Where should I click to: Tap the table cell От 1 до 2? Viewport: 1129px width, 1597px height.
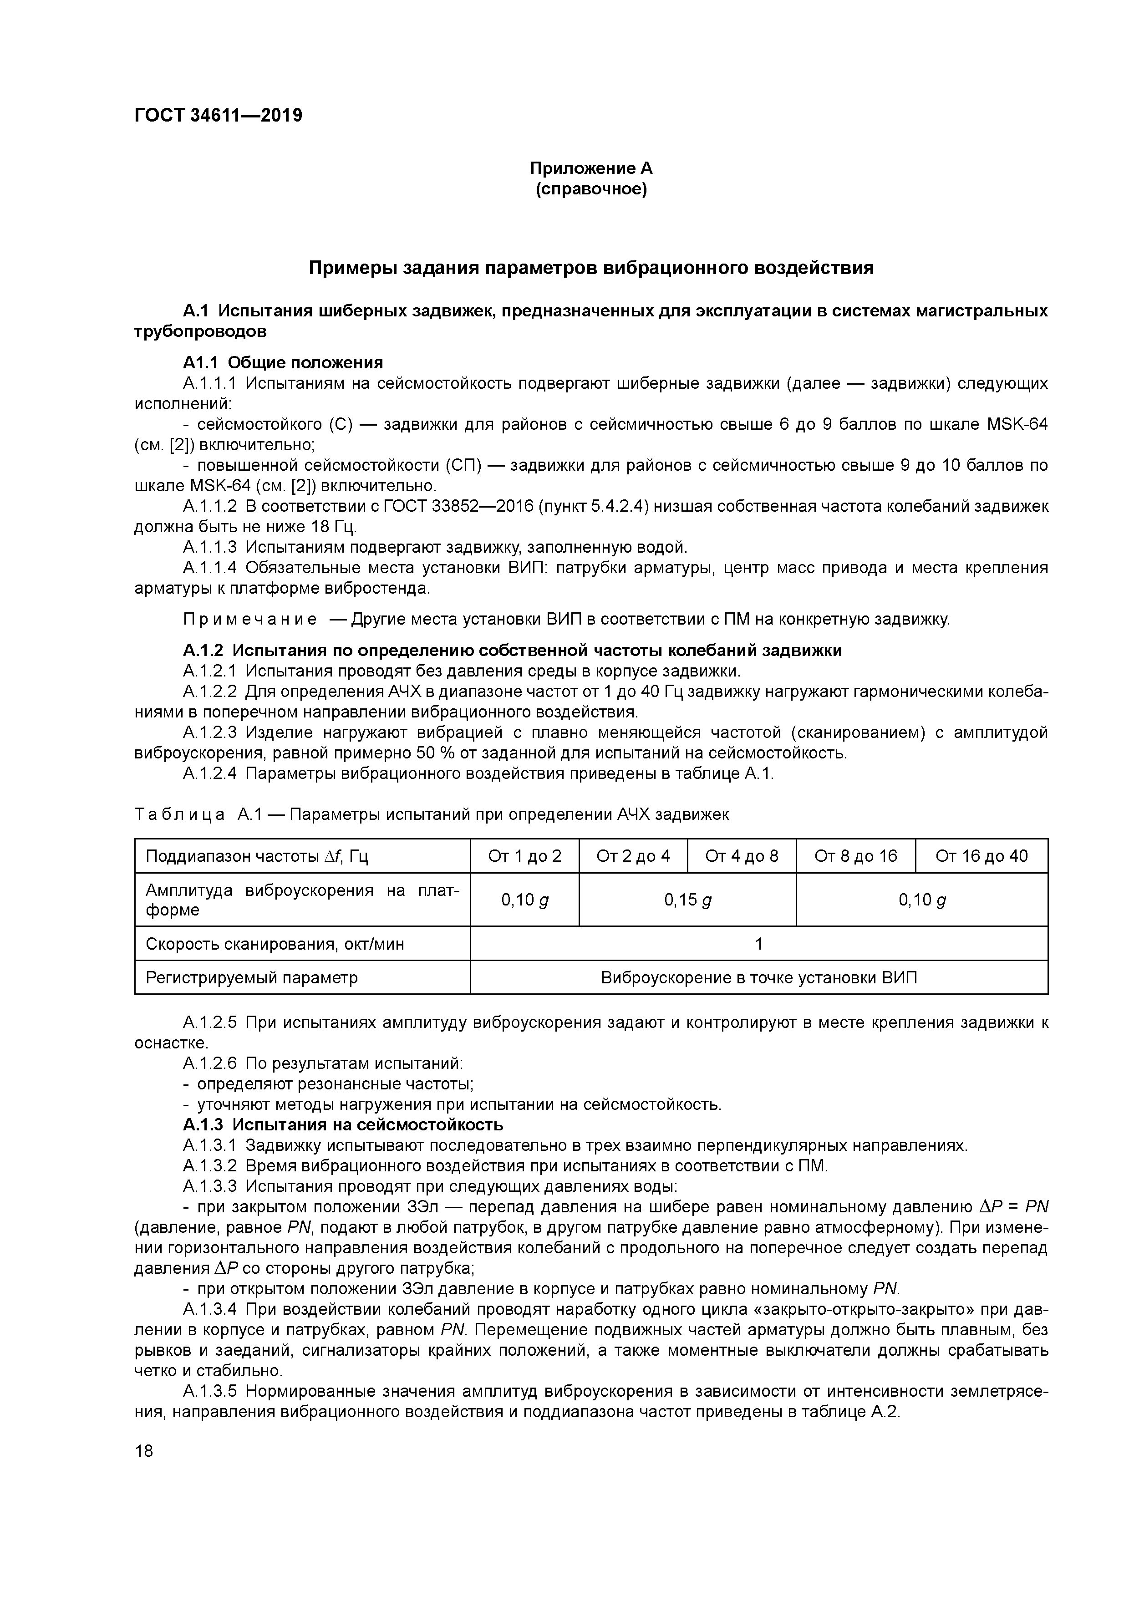coord(524,855)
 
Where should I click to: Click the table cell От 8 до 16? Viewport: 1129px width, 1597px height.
coord(855,855)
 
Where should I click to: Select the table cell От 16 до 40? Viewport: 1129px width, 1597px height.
coord(981,855)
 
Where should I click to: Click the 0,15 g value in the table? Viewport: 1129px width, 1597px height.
coord(687,900)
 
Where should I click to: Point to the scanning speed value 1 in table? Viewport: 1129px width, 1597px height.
coord(758,944)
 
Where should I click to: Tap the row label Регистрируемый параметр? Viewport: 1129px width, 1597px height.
coord(251,978)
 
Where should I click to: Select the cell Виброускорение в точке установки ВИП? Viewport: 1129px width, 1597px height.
coord(758,978)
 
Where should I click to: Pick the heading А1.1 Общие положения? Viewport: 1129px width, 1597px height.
coord(282,362)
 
